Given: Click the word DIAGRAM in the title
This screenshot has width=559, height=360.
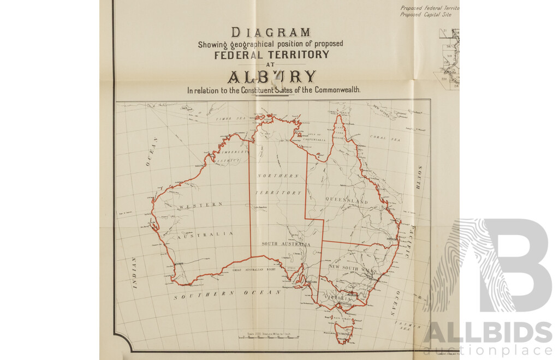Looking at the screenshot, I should pos(271,32).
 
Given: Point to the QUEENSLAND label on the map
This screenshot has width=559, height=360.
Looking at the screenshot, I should pos(347,201).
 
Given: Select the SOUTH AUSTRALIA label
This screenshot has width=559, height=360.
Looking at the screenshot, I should pos(286,244).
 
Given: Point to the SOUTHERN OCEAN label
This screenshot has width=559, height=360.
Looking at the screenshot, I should pos(227,295).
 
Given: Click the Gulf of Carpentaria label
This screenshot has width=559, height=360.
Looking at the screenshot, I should pos(314,139).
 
